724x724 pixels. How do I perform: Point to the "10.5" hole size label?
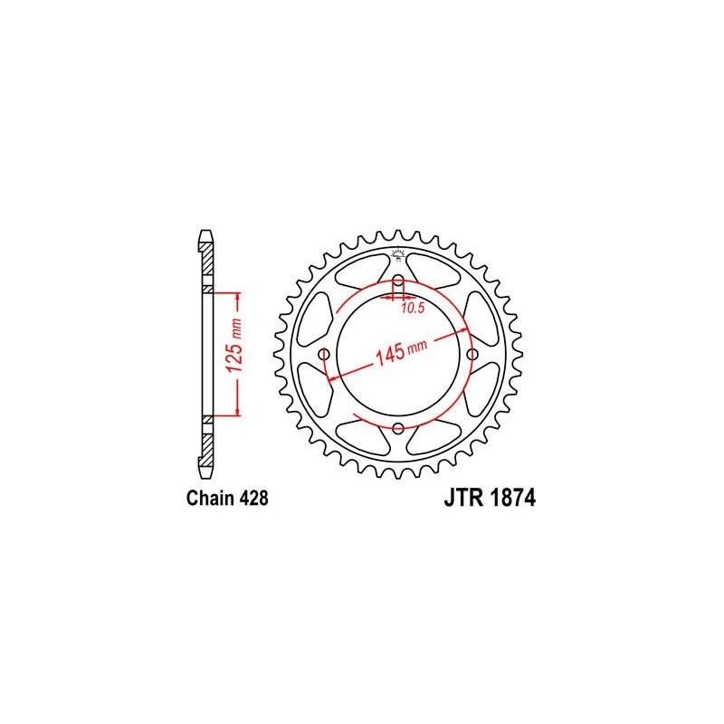click(413, 308)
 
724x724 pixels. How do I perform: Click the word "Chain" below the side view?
click(211, 499)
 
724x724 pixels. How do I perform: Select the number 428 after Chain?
click(254, 499)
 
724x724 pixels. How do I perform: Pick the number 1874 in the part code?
click(512, 498)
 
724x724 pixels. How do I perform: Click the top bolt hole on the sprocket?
click(398, 281)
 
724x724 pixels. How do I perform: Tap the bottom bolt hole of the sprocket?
click(398, 428)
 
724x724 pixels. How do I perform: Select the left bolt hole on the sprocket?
click(325, 355)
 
